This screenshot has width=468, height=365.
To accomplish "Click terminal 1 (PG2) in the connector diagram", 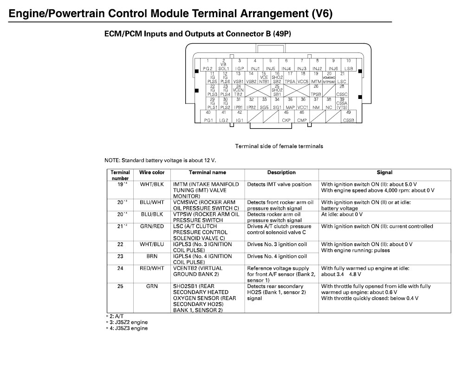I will [208, 65].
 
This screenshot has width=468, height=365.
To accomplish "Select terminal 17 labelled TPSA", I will [290, 78].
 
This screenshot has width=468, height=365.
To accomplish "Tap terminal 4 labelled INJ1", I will [255, 65].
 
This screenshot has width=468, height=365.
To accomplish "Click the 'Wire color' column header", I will [152, 173].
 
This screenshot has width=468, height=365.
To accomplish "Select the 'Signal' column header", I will [384, 173].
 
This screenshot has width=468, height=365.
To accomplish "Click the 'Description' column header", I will [281, 173].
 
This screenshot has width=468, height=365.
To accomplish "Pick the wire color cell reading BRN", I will [152, 256].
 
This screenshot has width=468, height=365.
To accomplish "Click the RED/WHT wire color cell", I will [152, 268].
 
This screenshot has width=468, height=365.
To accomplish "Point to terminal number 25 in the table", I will [120, 287].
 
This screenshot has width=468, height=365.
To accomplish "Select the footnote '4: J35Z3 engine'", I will [127, 329].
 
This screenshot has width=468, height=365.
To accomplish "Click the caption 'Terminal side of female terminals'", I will [279, 146].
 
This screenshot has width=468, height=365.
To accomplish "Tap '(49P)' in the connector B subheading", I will [279, 34].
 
